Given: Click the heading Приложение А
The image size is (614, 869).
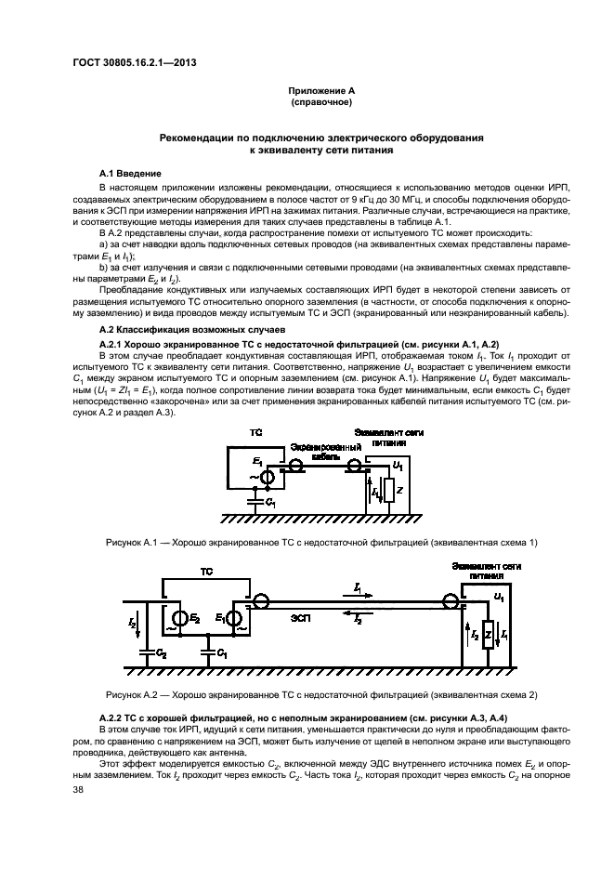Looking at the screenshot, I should pos(320,91).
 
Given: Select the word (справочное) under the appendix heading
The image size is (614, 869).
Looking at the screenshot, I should pos(320,101).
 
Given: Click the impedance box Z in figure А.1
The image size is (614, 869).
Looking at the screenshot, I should pos(389,491).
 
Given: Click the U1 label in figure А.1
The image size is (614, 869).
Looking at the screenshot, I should pos(397,464).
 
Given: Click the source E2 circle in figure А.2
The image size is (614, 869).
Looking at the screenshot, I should pos(178,618).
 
